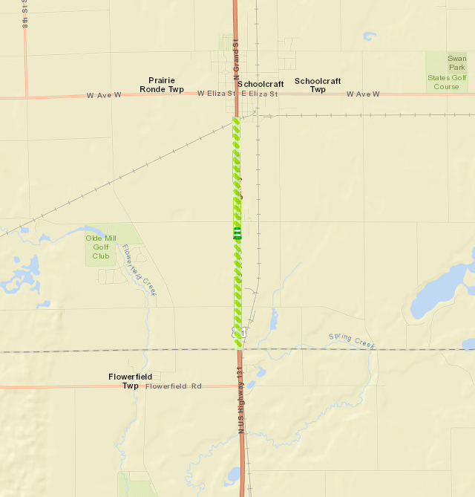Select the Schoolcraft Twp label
tap(318, 85)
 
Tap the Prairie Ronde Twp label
tap(161, 84)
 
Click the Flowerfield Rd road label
tap(174, 386)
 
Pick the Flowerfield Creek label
tap(139, 270)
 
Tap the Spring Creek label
tap(352, 341)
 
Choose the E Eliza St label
tap(259, 94)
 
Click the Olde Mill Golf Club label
tap(100, 247)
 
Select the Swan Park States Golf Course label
tap(447, 72)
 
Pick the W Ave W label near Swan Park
tap(363, 94)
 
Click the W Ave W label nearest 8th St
tap(103, 95)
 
